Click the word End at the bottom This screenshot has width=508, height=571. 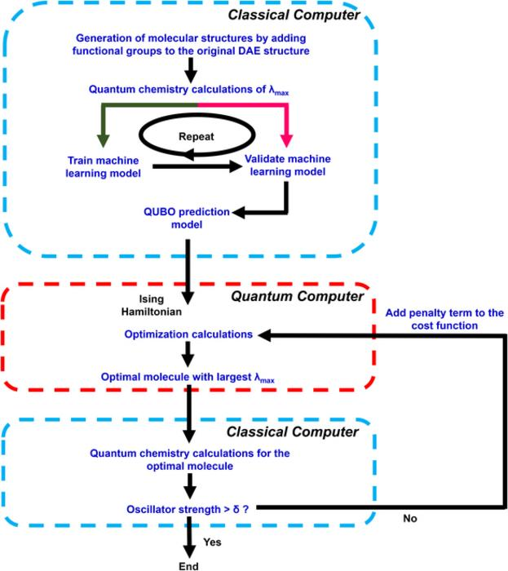coord(189,564)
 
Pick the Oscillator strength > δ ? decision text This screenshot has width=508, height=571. coord(189,507)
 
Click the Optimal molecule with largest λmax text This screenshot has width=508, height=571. coord(189,379)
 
